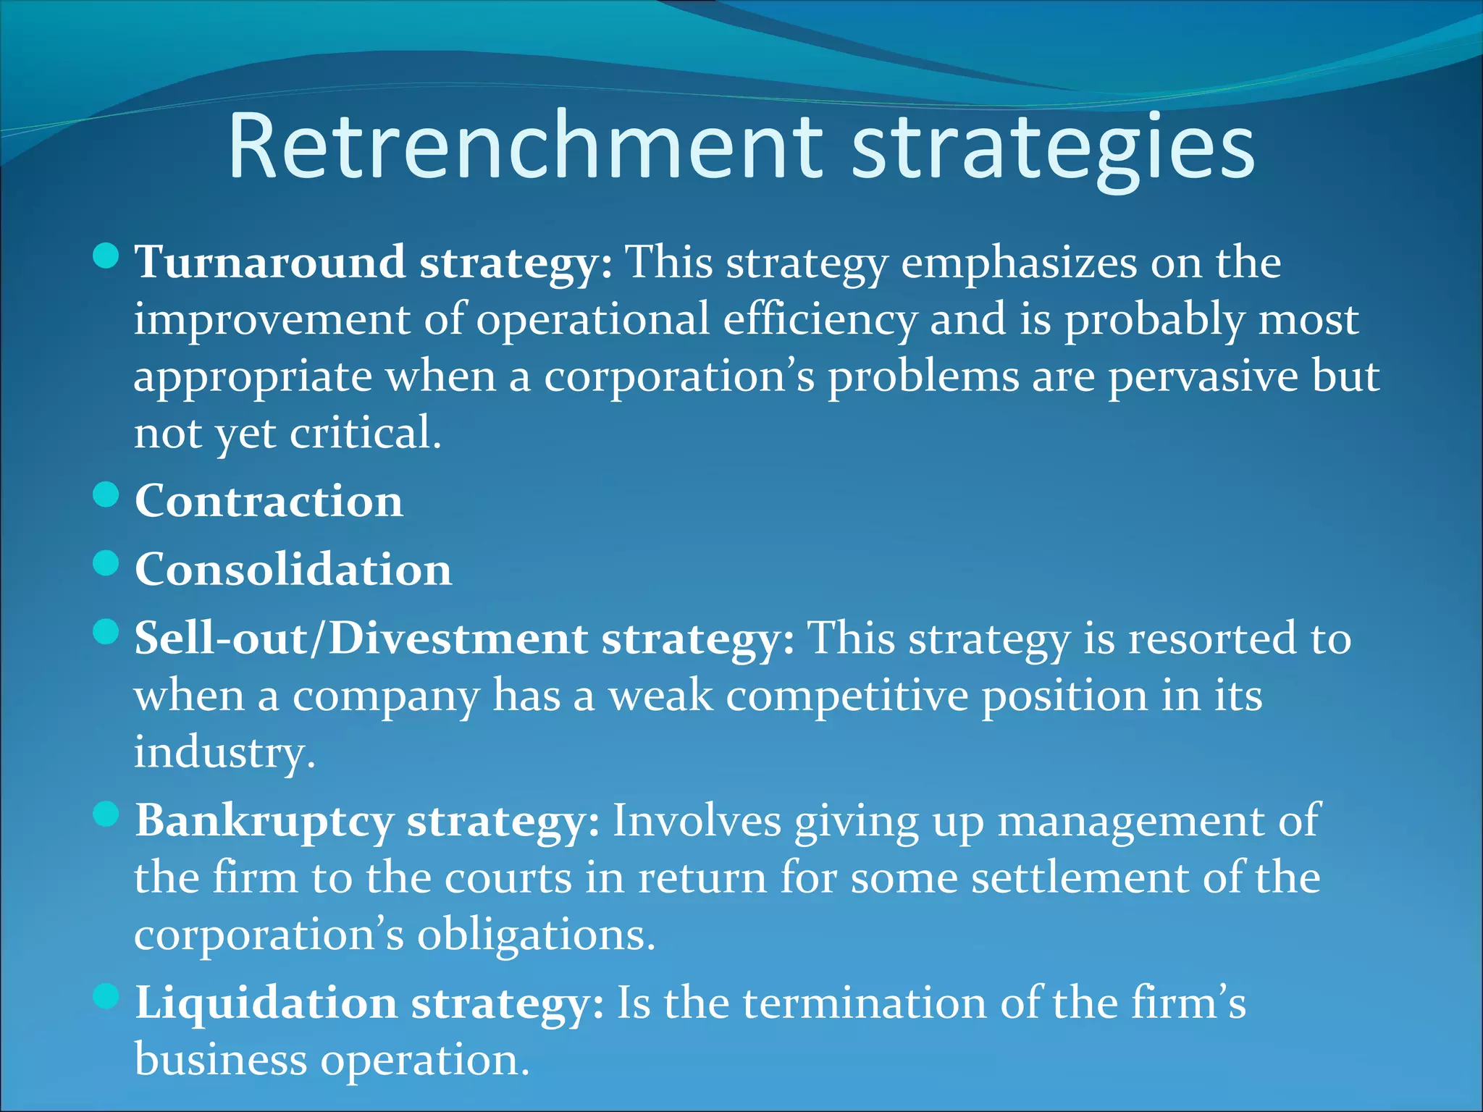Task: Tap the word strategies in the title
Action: click(x=1053, y=148)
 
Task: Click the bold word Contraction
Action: click(x=269, y=500)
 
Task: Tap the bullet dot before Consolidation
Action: click(x=106, y=563)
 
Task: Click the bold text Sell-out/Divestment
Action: click(x=361, y=638)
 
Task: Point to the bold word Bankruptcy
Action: click(x=264, y=820)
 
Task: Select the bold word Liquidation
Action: click(x=266, y=1003)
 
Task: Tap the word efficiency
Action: click(x=820, y=320)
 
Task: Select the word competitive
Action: click(x=847, y=695)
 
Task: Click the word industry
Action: click(x=224, y=753)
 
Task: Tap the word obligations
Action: click(x=536, y=935)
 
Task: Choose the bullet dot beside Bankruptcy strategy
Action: click(x=106, y=814)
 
